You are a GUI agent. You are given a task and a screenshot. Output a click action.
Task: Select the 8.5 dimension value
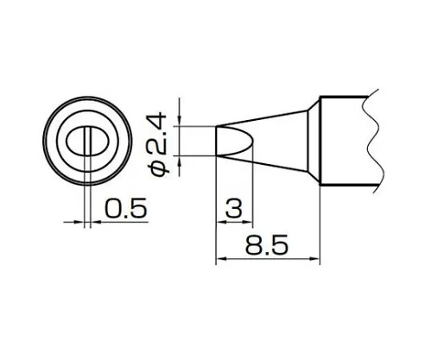(267, 246)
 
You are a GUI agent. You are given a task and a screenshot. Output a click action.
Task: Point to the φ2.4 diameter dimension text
(161, 142)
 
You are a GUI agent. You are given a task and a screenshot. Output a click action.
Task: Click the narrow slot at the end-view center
(87, 141)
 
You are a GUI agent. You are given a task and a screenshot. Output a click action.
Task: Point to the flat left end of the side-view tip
(215, 141)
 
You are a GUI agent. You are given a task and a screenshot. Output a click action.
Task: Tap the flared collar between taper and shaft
(312, 141)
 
